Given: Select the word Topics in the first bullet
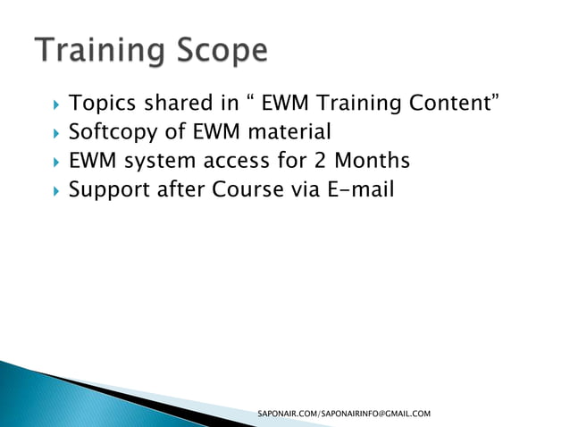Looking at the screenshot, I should pos(102,105).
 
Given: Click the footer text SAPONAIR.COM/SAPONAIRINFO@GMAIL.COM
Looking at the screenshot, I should pos(344,414).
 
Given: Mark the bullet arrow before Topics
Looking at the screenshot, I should pos(55,105).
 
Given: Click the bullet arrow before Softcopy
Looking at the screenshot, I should pos(55,134).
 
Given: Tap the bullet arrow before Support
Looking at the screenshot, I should pos(55,191).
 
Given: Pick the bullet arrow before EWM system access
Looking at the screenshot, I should pos(55,163).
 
